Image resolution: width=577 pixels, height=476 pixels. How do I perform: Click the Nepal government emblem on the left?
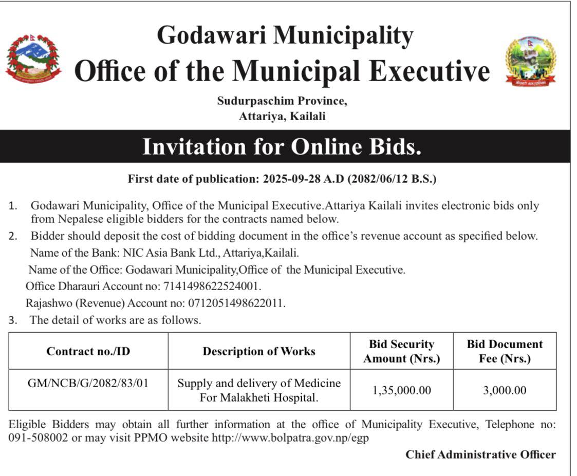[x=33, y=59]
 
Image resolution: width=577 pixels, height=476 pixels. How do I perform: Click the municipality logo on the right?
[x=531, y=61]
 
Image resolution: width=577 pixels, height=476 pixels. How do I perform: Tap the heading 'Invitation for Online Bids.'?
[x=282, y=147]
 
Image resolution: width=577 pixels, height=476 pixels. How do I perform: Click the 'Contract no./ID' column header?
[x=88, y=351]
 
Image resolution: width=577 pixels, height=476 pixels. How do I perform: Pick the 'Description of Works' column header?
[x=259, y=351]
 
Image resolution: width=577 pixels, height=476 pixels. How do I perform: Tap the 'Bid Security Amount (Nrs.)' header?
[x=401, y=351]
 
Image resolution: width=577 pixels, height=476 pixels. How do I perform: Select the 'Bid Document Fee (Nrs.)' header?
[x=505, y=351]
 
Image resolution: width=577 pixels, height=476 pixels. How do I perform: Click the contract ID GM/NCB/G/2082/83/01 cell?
[x=88, y=383]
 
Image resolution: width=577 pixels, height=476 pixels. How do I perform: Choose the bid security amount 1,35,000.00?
[x=401, y=390]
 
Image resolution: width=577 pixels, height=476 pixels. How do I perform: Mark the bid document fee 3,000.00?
[x=505, y=390]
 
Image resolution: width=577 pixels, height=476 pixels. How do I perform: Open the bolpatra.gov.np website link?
[x=290, y=439]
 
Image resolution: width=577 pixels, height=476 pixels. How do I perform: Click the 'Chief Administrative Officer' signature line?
[x=480, y=454]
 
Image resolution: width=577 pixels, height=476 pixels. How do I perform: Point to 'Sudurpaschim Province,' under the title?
[x=282, y=101]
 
